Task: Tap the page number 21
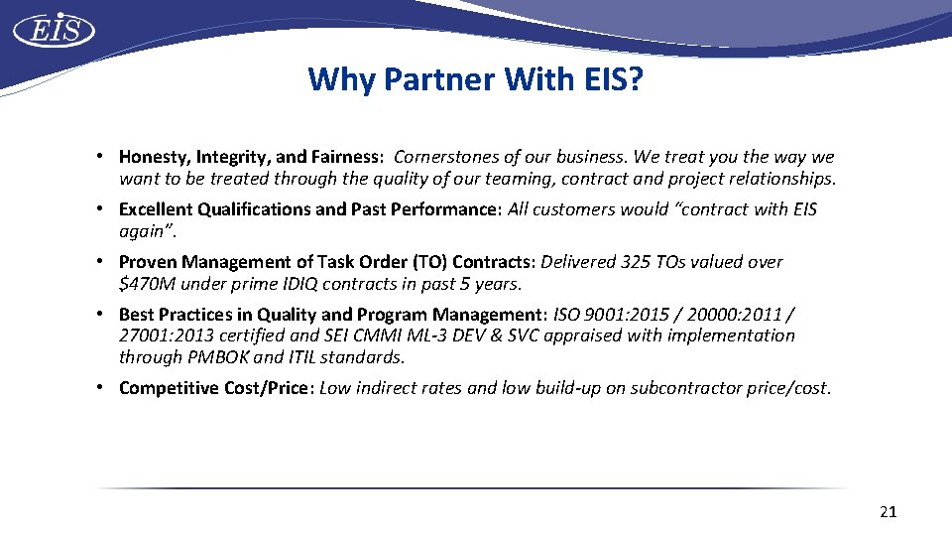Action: pos(888,512)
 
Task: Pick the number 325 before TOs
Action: pos(635,262)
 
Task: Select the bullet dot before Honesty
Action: pos(102,157)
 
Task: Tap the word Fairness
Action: pos(346,157)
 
